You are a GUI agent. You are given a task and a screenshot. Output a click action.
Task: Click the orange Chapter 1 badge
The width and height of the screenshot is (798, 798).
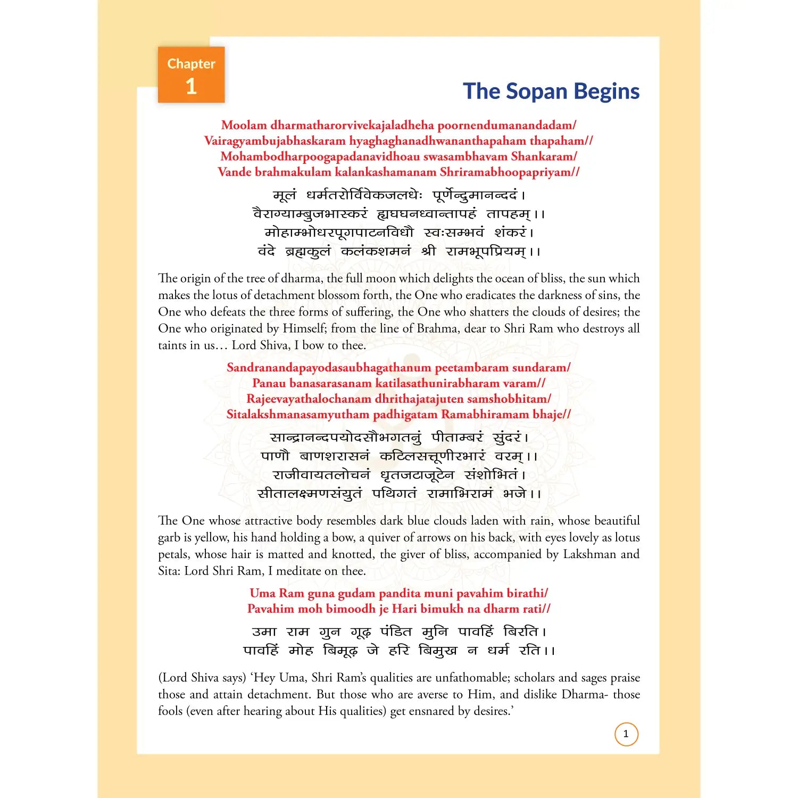click(x=191, y=75)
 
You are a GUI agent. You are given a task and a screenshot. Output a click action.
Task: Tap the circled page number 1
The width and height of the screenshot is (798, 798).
click(x=626, y=734)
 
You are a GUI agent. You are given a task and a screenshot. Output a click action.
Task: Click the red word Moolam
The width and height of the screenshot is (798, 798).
click(x=244, y=126)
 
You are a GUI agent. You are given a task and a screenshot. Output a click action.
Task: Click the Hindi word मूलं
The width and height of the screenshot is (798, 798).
click(x=285, y=196)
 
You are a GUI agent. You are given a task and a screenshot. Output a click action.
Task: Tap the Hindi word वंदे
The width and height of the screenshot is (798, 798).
click(x=266, y=251)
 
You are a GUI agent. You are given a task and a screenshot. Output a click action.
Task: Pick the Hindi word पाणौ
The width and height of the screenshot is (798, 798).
click(x=275, y=456)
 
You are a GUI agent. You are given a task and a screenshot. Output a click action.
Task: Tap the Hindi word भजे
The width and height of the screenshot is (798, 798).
click(x=514, y=494)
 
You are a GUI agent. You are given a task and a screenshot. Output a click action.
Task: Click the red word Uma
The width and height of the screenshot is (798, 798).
click(x=262, y=593)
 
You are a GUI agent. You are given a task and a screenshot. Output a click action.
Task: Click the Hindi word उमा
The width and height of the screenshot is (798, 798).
click(x=264, y=632)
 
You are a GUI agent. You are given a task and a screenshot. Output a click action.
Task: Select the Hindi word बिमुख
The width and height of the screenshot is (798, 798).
click(x=437, y=651)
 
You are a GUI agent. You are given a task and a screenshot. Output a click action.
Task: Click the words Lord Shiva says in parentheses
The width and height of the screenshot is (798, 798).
click(x=202, y=678)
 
